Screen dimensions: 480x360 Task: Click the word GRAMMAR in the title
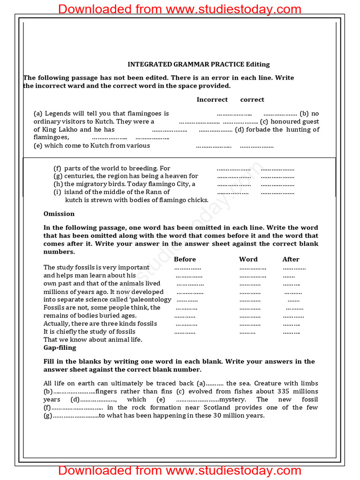187,64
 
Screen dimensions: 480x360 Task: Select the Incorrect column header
212,99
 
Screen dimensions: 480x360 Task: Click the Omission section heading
59,214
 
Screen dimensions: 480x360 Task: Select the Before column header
185,259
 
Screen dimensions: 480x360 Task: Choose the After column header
291,259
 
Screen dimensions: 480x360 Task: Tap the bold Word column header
248,259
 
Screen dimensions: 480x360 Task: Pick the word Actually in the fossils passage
57,323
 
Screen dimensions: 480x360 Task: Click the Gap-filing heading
60,348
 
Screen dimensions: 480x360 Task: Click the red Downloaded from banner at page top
180,9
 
